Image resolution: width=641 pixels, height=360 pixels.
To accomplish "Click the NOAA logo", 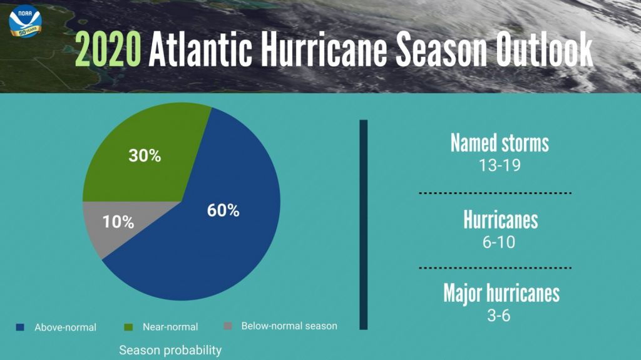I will pyautogui.click(x=25, y=21).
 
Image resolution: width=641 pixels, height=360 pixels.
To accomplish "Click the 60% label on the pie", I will pyautogui.click(x=223, y=210).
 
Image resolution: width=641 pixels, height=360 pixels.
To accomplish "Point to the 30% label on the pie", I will pyautogui.click(x=145, y=156).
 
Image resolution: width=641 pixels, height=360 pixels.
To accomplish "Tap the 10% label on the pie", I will pyautogui.click(x=118, y=222).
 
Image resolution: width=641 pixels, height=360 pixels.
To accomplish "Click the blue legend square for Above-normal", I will pyautogui.click(x=19, y=327).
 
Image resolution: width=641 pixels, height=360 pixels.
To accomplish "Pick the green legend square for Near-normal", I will pyautogui.click(x=129, y=326).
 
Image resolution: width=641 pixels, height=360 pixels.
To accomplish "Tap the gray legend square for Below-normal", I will pyautogui.click(x=228, y=326).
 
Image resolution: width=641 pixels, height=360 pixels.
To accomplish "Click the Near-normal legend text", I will pyautogui.click(x=170, y=327).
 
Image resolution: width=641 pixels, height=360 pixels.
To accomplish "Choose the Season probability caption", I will pyautogui.click(x=170, y=350).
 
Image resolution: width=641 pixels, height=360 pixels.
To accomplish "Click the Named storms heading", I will pyautogui.click(x=500, y=143).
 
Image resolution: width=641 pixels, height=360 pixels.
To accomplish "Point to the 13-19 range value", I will pyautogui.click(x=499, y=166).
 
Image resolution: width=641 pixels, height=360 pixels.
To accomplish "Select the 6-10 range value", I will pyautogui.click(x=499, y=242).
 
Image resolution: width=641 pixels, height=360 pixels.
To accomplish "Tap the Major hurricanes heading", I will pyautogui.click(x=501, y=293).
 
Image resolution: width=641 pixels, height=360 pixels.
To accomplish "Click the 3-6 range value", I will pyautogui.click(x=499, y=316).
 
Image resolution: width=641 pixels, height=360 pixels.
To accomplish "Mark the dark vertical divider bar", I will pyautogui.click(x=363, y=224).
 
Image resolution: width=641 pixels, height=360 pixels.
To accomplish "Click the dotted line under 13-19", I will pyautogui.click(x=495, y=192).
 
